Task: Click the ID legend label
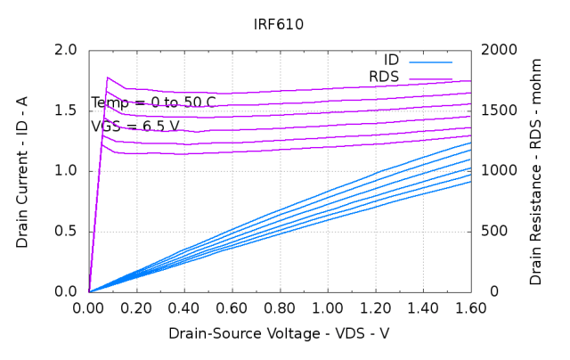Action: (392, 61)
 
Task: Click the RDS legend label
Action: (385, 78)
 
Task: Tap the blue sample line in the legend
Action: (430, 61)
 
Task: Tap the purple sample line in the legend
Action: (430, 78)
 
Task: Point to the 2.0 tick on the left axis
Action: (66, 50)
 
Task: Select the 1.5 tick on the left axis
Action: (66, 110)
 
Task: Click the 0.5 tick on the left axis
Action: (66, 232)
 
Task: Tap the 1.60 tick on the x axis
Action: (470, 308)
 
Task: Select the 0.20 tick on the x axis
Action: (136, 308)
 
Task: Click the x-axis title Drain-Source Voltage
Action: (279, 333)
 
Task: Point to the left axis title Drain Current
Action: (22, 171)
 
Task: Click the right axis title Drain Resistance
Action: (535, 171)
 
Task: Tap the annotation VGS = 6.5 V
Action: (135, 127)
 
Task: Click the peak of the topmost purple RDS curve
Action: (108, 78)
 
